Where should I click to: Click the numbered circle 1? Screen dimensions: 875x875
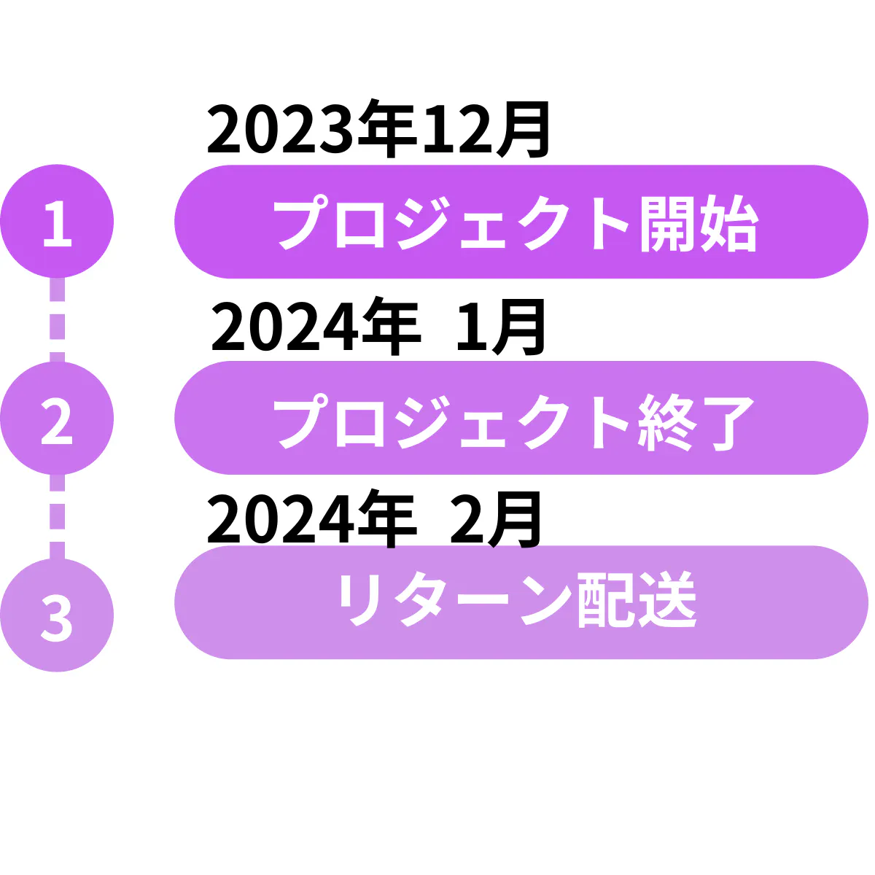point(57,222)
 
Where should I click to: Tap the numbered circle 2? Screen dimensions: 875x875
point(57,419)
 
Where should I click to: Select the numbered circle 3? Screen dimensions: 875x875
point(57,615)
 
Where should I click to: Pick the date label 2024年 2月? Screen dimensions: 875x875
point(375,519)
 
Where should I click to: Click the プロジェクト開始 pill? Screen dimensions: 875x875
point(521,222)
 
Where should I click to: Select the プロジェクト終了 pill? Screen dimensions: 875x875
point(521,419)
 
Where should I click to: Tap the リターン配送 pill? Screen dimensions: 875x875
point(521,602)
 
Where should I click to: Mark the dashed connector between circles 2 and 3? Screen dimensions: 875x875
point(57,516)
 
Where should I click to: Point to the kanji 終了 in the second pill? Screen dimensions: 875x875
point(696,421)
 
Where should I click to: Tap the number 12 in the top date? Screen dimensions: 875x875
point(456,131)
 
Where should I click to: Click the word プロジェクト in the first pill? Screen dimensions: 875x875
point(452,223)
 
